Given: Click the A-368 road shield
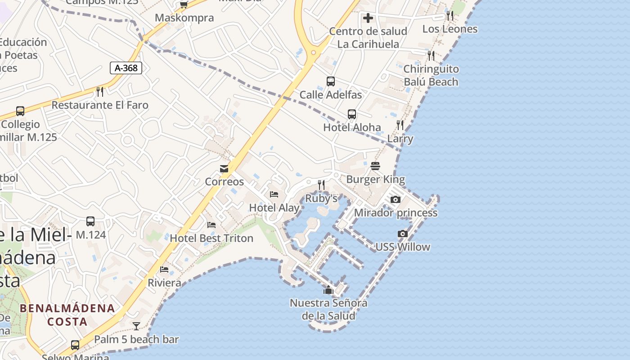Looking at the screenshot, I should click(126, 68).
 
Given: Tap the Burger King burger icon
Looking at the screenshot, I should click(375, 166).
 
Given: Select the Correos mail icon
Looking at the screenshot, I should click(224, 169).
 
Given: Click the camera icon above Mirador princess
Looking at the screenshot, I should click(396, 199).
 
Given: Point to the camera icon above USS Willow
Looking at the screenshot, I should click(403, 234).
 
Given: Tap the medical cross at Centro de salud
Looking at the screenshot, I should click(368, 18).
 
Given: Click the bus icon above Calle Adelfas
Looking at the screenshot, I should click(331, 81).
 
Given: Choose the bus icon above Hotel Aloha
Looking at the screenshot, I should click(352, 114).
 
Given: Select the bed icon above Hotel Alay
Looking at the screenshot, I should click(274, 194).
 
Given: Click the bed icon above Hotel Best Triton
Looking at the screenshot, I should click(211, 225).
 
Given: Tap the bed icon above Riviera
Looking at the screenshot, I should click(164, 270).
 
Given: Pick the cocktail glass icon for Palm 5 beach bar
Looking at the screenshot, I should click(136, 326).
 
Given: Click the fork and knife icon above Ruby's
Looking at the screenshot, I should click(321, 184).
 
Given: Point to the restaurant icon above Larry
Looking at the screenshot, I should click(400, 125).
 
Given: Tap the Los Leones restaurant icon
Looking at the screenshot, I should click(450, 16).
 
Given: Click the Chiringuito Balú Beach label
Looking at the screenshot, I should click(431, 75).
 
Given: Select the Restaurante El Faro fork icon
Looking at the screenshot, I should click(100, 91).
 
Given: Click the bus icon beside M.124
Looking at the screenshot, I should click(90, 221).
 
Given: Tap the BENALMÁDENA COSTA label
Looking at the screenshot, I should click(67, 315).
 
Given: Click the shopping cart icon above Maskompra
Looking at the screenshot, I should click(184, 5).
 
